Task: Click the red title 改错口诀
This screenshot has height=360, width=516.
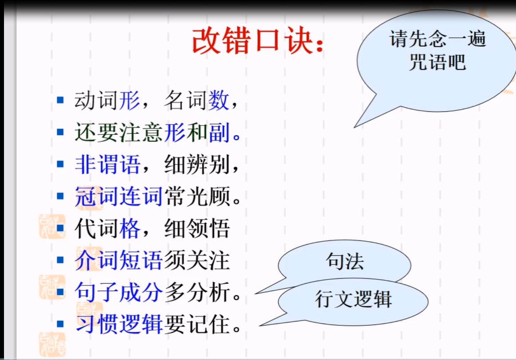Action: tap(258, 41)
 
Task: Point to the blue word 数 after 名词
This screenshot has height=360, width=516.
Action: tap(218, 100)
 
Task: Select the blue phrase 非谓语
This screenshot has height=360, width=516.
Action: tap(108, 164)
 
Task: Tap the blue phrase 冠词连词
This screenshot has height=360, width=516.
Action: tap(119, 196)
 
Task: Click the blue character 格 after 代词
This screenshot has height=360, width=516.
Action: tap(130, 228)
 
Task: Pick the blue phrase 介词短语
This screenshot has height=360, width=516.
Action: tap(119, 260)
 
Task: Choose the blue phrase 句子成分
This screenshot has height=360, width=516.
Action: tap(119, 292)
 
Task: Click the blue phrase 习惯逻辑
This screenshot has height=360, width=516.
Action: tap(119, 324)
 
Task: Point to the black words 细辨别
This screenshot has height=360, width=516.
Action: tap(197, 164)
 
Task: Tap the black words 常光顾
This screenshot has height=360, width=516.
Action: tap(197, 196)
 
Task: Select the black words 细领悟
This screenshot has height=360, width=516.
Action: tap(197, 228)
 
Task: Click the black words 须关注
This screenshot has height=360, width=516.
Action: tap(197, 260)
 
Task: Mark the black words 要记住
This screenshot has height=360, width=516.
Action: tap(197, 324)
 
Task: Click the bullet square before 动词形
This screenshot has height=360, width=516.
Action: tap(60, 100)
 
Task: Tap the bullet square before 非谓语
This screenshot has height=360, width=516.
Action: tap(60, 164)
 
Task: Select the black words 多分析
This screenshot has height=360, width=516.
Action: tap(197, 292)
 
